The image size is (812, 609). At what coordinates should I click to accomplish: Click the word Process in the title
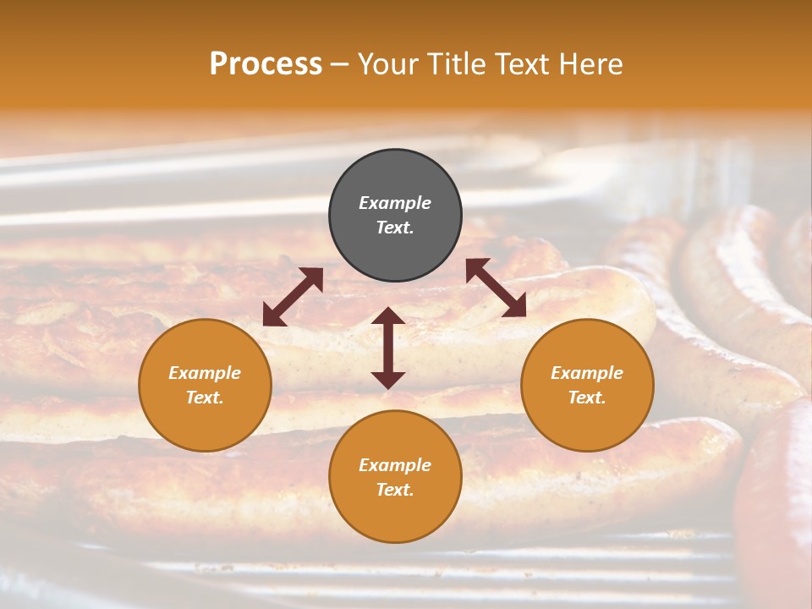pos(266,64)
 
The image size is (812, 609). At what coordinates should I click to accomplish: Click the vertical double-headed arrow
pos(388,348)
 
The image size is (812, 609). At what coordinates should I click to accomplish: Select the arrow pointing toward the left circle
pos(293,297)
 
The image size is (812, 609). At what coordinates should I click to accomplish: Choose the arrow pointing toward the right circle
pos(496,288)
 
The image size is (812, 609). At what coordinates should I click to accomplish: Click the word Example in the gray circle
pos(395,203)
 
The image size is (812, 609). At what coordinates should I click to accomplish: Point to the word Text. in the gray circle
pos(395,228)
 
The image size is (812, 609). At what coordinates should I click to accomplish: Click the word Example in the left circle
pos(205,373)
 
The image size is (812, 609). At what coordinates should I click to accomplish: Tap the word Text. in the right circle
pos(587,398)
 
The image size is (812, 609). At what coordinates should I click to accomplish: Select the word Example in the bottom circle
pos(395,465)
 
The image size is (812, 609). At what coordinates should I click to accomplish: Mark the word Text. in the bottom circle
pos(395,490)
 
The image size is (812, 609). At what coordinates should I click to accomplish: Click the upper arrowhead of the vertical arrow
pos(388,316)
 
